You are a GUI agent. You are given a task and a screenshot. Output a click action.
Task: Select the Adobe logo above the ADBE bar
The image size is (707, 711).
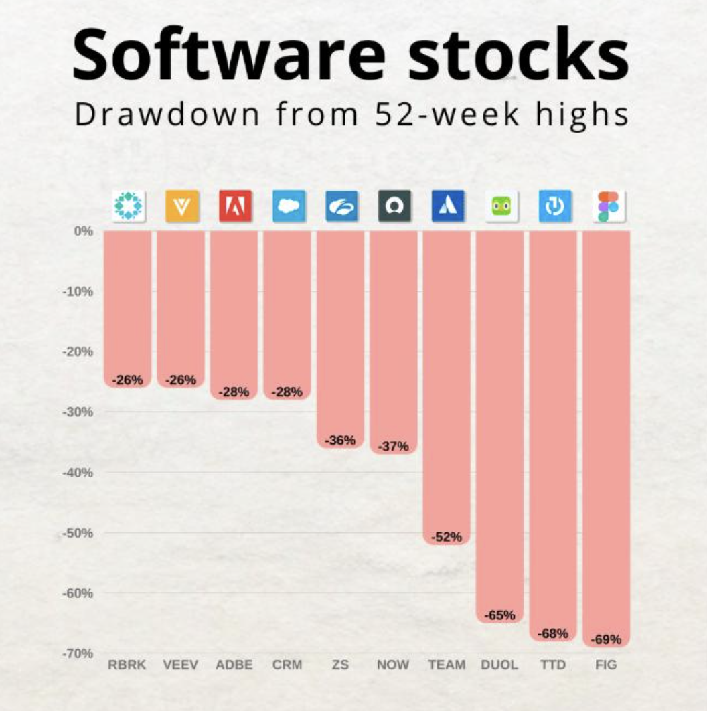[235, 206]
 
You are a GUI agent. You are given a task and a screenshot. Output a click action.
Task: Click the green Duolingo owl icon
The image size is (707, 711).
[501, 206]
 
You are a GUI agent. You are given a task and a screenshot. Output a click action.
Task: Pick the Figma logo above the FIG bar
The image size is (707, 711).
[608, 206]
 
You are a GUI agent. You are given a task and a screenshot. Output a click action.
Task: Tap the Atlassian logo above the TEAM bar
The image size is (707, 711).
[448, 206]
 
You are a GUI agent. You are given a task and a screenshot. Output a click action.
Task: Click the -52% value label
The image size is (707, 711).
[447, 536]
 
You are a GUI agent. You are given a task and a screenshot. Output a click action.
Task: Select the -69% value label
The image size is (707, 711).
[606, 639]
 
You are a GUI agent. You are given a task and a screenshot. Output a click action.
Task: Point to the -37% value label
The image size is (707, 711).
[393, 447]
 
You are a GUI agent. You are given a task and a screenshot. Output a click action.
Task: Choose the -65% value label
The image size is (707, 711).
[499, 615]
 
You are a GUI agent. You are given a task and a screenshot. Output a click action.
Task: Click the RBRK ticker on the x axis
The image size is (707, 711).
[127, 665]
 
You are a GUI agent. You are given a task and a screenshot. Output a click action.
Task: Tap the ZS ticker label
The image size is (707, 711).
[340, 665]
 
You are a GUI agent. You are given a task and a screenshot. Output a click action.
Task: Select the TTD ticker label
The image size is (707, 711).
[553, 665]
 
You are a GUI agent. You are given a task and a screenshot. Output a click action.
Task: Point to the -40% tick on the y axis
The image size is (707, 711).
[78, 473]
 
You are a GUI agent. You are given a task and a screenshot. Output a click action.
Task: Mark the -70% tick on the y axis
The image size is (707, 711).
[78, 653]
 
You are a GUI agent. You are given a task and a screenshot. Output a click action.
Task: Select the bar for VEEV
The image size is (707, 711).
[181, 301]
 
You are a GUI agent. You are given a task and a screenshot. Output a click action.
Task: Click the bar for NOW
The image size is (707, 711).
[394, 335]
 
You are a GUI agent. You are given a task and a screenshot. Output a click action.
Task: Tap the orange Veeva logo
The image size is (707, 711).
[181, 206]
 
